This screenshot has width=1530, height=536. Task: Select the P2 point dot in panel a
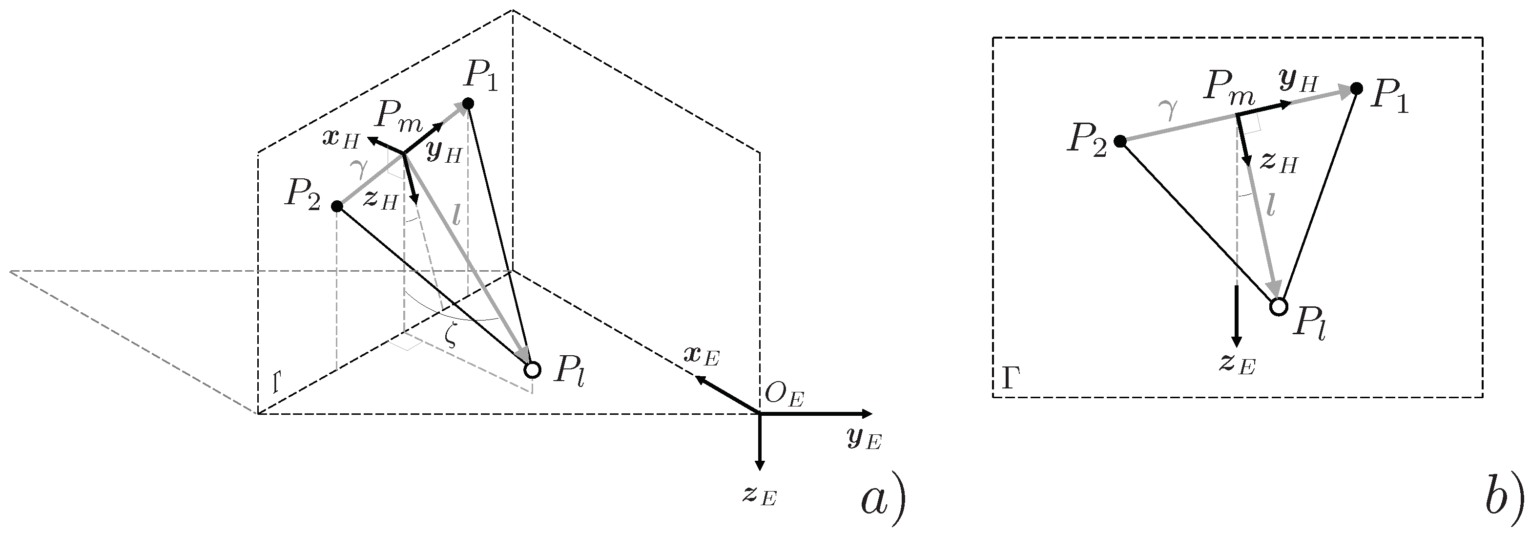[337, 206]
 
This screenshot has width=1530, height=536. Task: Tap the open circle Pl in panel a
[533, 369]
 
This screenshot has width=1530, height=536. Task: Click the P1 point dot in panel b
[1356, 88]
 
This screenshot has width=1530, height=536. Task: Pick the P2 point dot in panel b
[1120, 141]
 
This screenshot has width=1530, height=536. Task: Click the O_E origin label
[784, 395]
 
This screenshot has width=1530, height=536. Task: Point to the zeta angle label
[452, 337]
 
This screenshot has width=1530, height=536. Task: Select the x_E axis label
[702, 357]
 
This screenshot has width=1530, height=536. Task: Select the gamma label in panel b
[1168, 109]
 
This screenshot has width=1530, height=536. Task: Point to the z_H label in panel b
[1278, 162]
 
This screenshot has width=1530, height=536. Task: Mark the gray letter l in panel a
[455, 216]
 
